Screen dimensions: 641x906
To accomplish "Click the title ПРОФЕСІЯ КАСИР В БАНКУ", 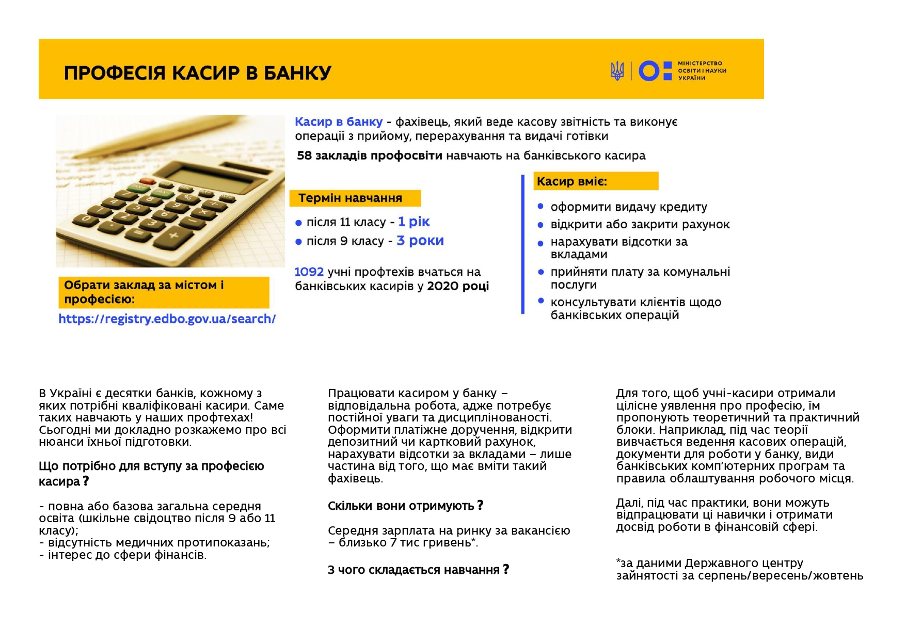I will pos(197,73).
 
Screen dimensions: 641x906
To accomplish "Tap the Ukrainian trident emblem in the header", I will pos(617,71).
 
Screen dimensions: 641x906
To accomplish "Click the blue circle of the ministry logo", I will pos(648,71).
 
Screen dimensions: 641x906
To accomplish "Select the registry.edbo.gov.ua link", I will pos(167,319).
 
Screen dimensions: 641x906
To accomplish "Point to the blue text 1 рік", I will pos(414,222).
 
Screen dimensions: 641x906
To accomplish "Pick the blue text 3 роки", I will pos(420,241).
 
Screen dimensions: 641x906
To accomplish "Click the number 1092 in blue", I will pos(309,272).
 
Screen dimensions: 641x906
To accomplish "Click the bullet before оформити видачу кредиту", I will pos(541,207).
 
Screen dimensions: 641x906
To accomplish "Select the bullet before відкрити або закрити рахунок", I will pos(541,225).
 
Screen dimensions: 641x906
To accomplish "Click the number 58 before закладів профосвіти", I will pos(304,155).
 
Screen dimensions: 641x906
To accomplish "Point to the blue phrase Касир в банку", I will pos(339,122).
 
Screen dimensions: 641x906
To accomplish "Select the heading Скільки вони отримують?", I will pos(405,506).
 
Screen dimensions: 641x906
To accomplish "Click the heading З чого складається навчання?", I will pos(418,570).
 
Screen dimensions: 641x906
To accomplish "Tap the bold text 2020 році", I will pos(458,286).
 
